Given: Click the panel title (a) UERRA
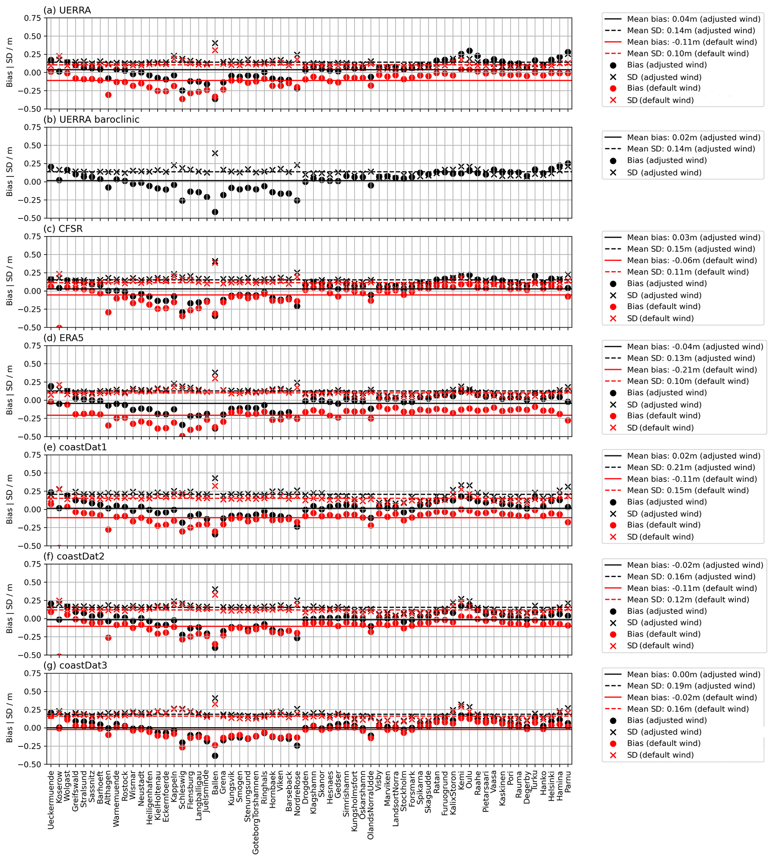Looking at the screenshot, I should point(67,10).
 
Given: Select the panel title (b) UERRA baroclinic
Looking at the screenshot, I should point(91,120).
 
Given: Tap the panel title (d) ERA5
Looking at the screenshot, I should point(63,338).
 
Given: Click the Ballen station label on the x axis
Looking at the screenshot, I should point(215,782).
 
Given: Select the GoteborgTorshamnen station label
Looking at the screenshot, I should point(256,813).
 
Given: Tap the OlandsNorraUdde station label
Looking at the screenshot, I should point(371,805).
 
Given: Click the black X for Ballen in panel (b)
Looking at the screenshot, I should point(215,153).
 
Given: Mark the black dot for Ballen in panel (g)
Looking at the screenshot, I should point(215,756).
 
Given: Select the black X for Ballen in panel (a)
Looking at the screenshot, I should point(215,43).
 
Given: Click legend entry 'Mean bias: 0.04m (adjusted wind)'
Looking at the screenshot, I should point(693,19).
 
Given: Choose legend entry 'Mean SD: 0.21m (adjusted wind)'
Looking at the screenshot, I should point(691,467).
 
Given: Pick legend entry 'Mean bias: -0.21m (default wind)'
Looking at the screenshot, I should point(692,370).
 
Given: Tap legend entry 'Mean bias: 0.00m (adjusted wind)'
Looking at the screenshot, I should point(693,674).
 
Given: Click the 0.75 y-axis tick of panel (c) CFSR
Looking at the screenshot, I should point(32,237).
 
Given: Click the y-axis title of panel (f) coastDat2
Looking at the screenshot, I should point(9,609).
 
